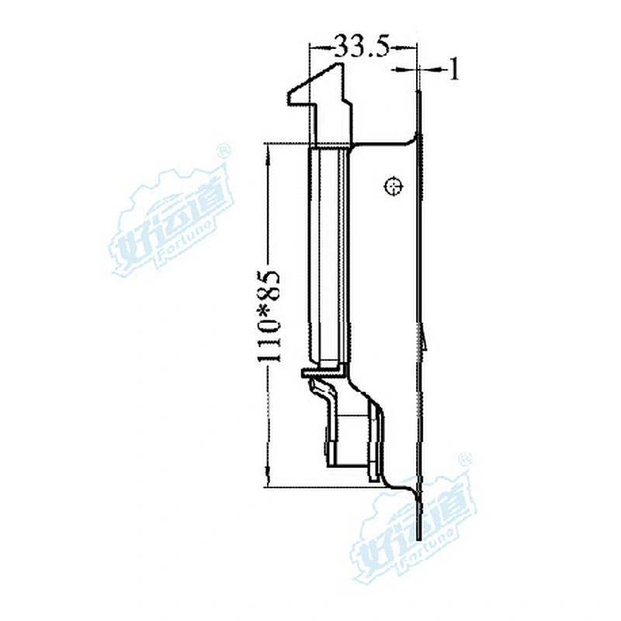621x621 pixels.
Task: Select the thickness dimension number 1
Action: pyautogui.click(x=455, y=71)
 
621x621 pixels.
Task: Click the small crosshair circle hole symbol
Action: pyautogui.click(x=393, y=186)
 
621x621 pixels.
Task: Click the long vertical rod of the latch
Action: pyautogui.click(x=329, y=256)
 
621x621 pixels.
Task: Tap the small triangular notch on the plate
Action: pyautogui.click(x=425, y=338)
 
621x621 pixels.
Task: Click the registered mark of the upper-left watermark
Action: pyautogui.click(x=222, y=150)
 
